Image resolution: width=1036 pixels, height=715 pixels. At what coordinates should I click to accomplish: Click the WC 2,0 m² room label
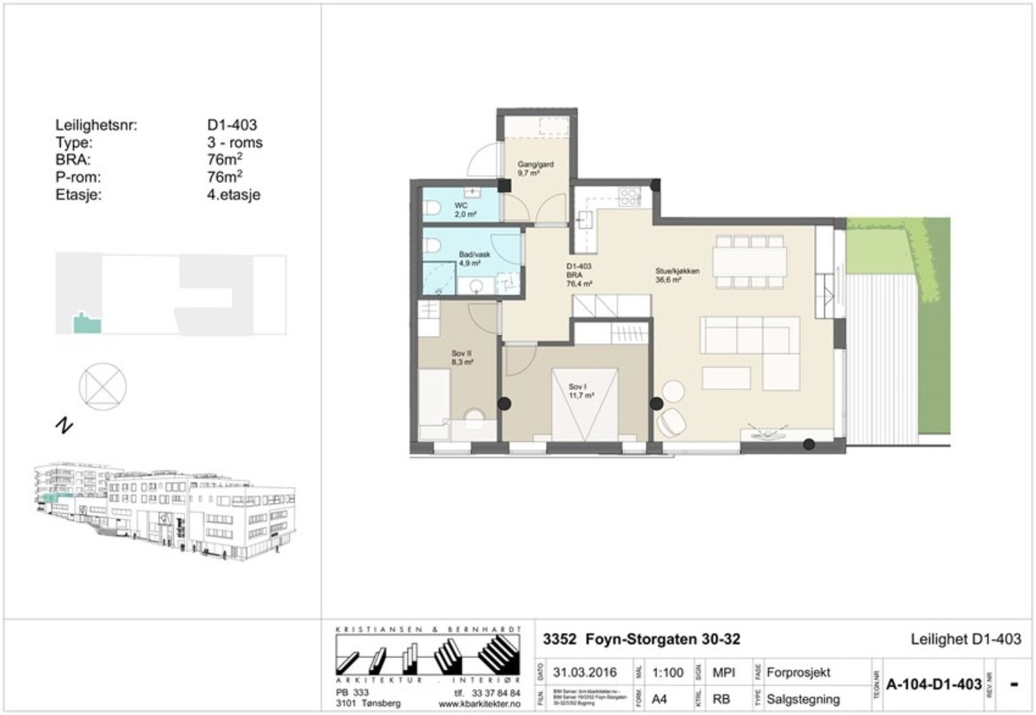pos(464,210)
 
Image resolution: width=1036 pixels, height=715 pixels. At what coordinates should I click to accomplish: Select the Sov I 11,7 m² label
pos(581,391)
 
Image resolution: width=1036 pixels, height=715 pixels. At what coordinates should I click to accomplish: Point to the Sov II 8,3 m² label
pos(462,358)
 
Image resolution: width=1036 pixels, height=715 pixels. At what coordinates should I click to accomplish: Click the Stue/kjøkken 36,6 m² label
pos(677,276)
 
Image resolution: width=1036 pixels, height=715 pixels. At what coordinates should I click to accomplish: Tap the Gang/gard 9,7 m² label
pos(535,169)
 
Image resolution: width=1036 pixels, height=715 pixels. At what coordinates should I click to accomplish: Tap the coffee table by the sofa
pos(726,379)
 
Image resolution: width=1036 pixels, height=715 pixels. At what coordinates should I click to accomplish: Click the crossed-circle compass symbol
pos(102,386)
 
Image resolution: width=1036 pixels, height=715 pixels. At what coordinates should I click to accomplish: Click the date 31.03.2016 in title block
pos(584,673)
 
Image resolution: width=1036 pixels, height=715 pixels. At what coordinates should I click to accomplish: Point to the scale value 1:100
pos(667,673)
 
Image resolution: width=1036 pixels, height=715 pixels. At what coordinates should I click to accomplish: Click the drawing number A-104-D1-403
pos(933,685)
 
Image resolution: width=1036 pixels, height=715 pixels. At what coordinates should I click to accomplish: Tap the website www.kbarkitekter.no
pos(479,703)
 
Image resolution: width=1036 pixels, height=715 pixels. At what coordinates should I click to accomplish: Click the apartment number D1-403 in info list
pos(232,125)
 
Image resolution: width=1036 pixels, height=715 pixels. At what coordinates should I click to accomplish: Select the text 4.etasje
pos(233,194)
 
